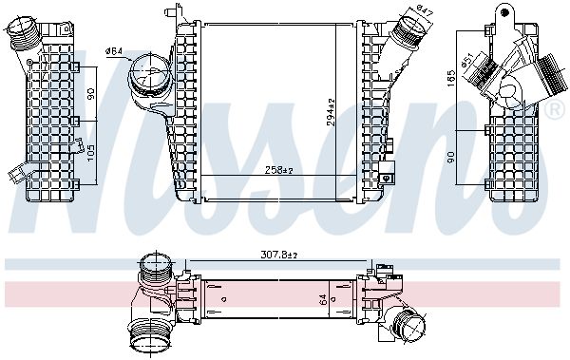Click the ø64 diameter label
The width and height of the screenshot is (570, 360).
pyautogui.click(x=113, y=50)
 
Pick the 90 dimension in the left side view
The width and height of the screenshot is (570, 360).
pyautogui.click(x=92, y=95)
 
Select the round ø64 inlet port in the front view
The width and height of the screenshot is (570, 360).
pyautogui.click(x=145, y=73)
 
